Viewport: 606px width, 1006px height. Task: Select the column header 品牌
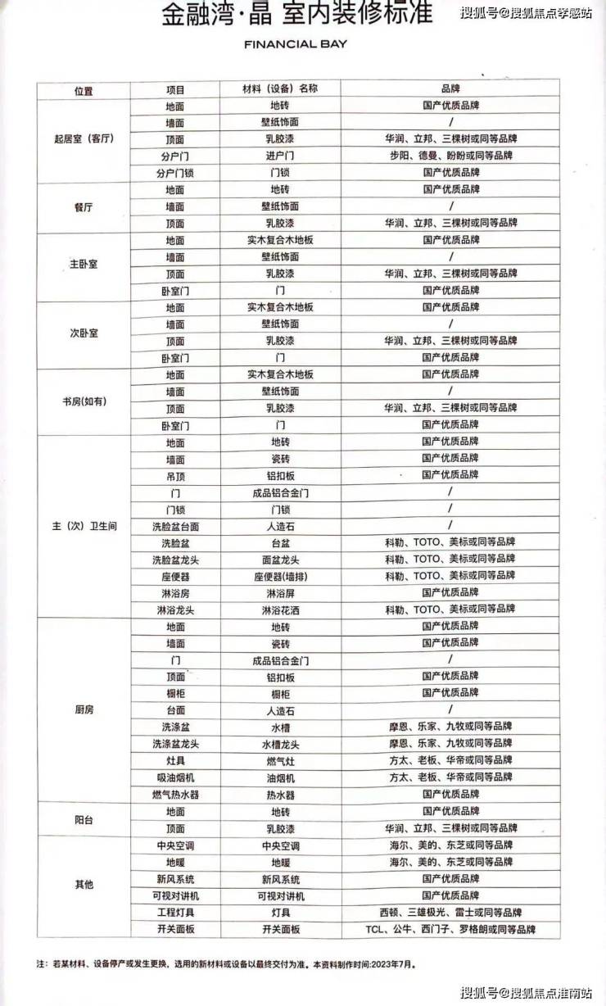(450, 89)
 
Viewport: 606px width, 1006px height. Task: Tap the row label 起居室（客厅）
(83, 139)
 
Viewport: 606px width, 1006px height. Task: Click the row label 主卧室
(83, 265)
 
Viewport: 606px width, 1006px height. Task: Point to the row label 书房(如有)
(83, 401)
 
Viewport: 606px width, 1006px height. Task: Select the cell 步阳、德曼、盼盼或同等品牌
(450, 156)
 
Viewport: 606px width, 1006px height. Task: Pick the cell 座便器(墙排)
(281, 576)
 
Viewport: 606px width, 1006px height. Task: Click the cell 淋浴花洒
(281, 609)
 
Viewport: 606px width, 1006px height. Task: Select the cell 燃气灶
(281, 760)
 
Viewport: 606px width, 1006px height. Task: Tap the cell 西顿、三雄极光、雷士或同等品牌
(450, 912)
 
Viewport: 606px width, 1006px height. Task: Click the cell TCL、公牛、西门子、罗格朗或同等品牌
(450, 929)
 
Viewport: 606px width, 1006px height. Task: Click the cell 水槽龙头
(281, 744)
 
